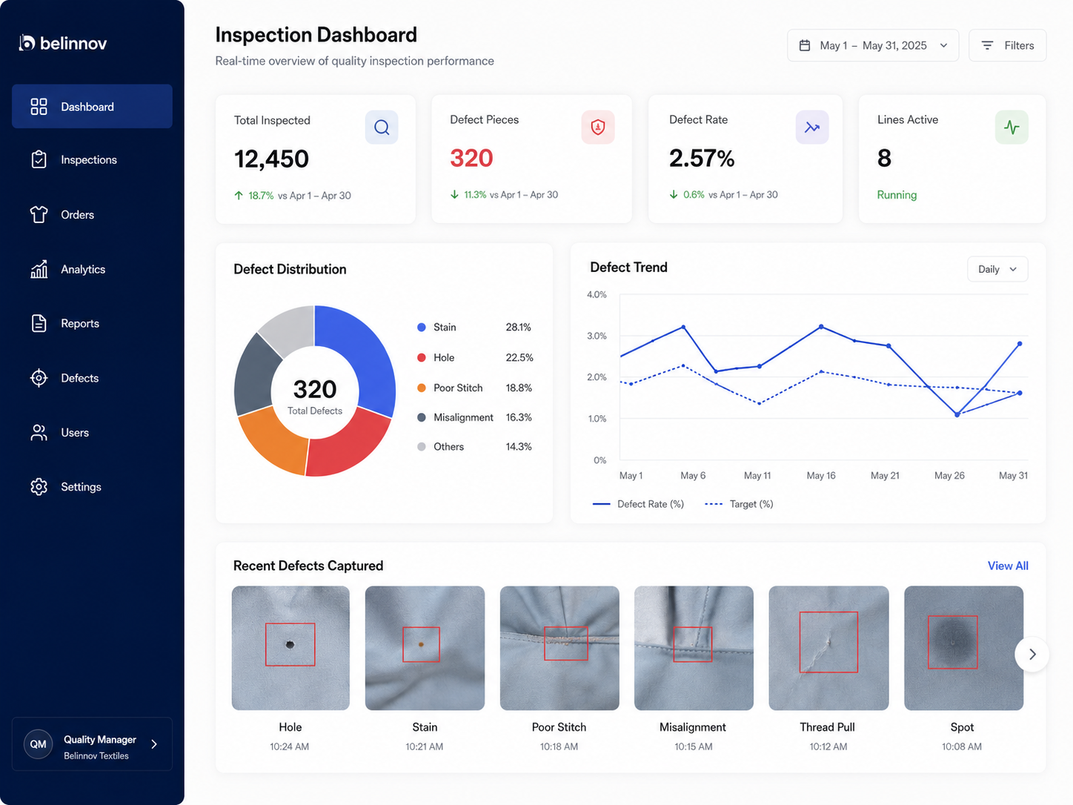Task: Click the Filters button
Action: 1007,45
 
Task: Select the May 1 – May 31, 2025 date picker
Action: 873,45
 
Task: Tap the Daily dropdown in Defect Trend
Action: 997,269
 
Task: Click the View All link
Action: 1008,566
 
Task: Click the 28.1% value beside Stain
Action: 518,327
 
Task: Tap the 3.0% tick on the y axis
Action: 597,336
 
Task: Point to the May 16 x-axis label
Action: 821,476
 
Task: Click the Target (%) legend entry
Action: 739,504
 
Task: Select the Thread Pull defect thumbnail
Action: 828,648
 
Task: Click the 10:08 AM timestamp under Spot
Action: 962,746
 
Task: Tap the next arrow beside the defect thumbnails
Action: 1032,655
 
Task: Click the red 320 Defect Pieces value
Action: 471,158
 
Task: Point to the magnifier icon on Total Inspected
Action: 382,127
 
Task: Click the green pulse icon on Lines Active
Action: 1011,127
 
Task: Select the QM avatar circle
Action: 38,744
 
